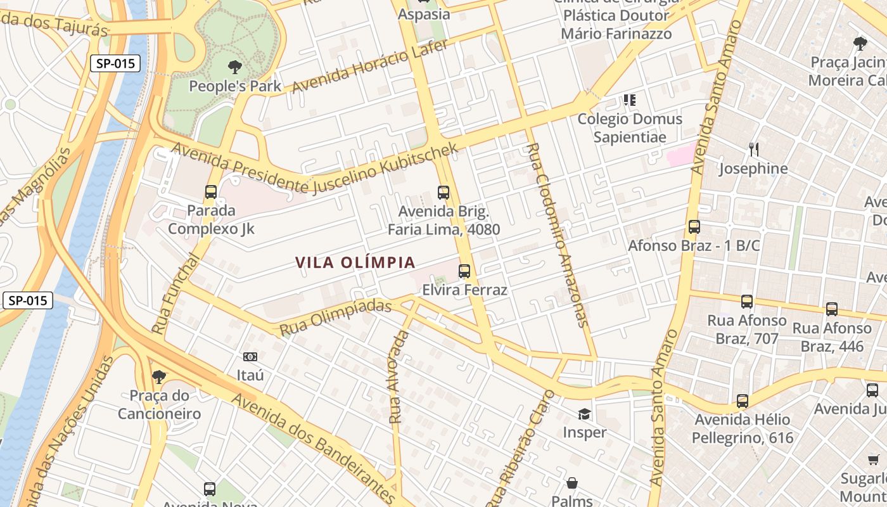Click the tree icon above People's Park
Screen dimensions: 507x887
click(235, 67)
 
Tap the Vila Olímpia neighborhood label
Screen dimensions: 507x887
click(355, 262)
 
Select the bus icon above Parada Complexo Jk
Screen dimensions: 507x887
click(211, 191)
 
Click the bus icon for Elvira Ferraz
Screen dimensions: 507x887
click(464, 271)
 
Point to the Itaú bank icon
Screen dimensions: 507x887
click(250, 357)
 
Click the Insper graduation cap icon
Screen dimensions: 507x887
click(584, 414)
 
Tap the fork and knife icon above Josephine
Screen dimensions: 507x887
click(753, 150)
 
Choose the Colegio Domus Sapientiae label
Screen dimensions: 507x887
click(630, 127)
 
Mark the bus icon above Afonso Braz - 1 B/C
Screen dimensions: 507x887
click(694, 227)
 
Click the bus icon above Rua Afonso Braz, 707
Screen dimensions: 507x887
click(747, 301)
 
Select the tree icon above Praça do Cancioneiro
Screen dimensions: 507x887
click(158, 377)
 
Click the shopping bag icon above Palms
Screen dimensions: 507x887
click(572, 483)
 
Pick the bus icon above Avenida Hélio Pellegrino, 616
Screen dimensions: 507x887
click(742, 401)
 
